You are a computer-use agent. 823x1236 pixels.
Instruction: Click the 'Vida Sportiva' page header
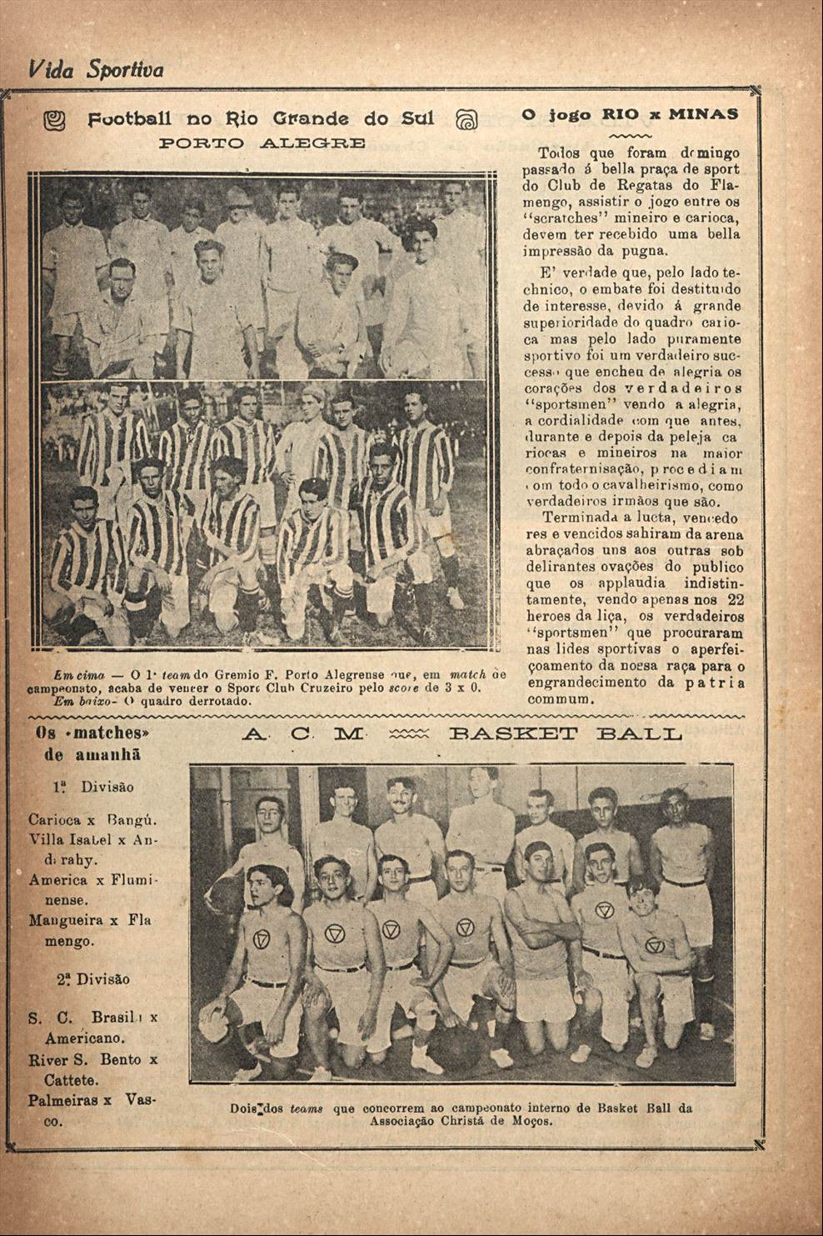coord(96,68)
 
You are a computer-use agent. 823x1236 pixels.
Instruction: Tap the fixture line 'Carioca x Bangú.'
coord(93,819)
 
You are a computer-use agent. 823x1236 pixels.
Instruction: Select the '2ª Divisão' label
coord(93,979)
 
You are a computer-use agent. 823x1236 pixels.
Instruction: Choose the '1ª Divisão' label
coord(93,787)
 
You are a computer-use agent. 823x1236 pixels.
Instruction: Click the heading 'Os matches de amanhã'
coord(93,743)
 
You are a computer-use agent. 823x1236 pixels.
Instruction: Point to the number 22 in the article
coord(736,599)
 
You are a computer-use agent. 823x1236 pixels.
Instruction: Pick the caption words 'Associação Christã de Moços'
coord(461,1121)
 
